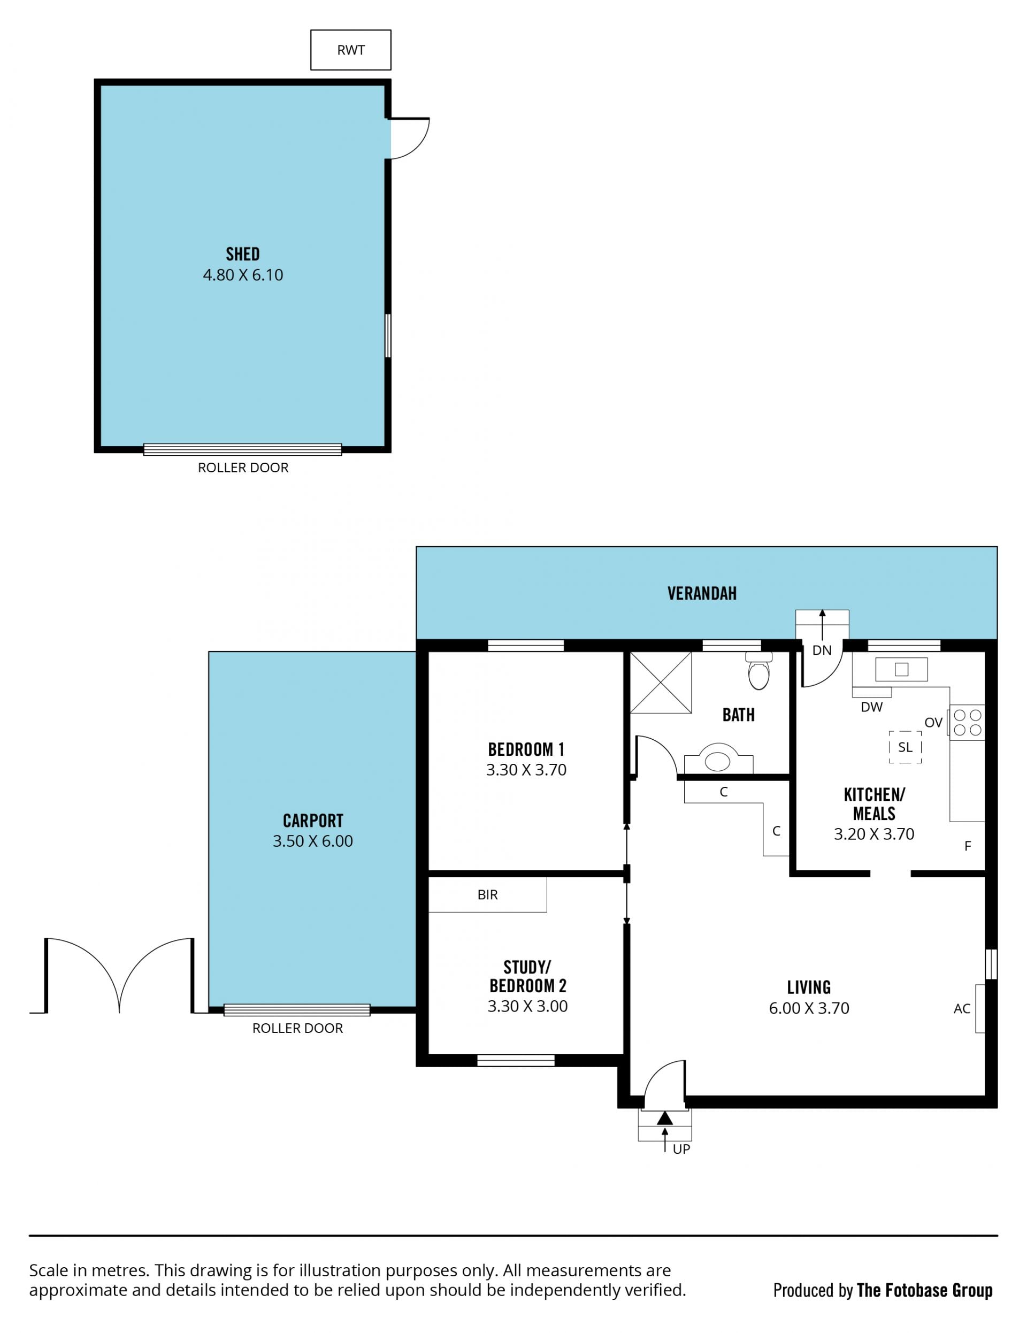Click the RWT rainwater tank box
pos(350,50)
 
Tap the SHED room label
pos(243,254)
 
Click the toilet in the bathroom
pos(758,671)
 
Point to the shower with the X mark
pos(660,683)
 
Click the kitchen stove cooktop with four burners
pos(967,722)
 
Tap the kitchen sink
pos(901,670)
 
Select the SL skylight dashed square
pos(905,747)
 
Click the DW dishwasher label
pos(871,707)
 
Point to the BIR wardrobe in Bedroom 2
pos(488,895)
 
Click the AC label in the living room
pos(962,1009)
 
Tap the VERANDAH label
pos(702,593)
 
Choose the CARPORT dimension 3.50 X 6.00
pos(312,841)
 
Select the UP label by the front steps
pos(681,1150)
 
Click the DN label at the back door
pos(822,650)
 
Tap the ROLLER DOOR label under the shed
pos(243,468)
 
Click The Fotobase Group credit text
pos(924,1290)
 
